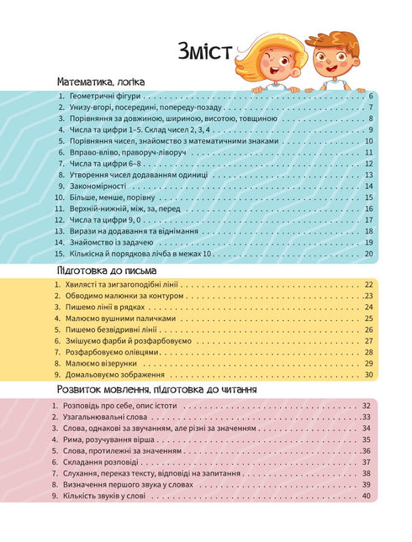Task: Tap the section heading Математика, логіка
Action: click(x=100, y=83)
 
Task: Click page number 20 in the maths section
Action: click(x=368, y=251)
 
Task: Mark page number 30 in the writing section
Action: click(x=368, y=374)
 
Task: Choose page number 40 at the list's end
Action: click(x=366, y=495)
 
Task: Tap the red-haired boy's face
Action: click(x=330, y=57)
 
